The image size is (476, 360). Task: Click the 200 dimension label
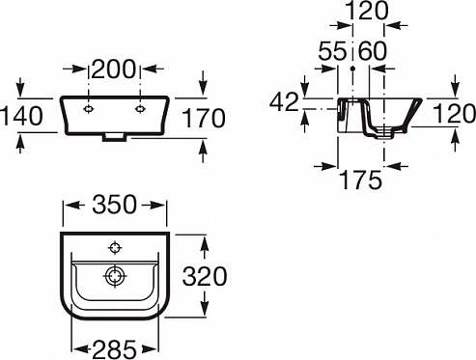114,69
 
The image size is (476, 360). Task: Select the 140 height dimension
21,116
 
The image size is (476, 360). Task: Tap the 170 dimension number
204,118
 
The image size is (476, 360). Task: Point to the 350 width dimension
114,205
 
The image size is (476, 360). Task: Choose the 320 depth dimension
205,276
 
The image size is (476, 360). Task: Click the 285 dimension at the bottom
114,349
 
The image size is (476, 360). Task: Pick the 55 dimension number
332,51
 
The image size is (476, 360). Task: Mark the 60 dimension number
373,51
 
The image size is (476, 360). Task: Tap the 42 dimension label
284,102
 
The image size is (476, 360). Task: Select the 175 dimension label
361,180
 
